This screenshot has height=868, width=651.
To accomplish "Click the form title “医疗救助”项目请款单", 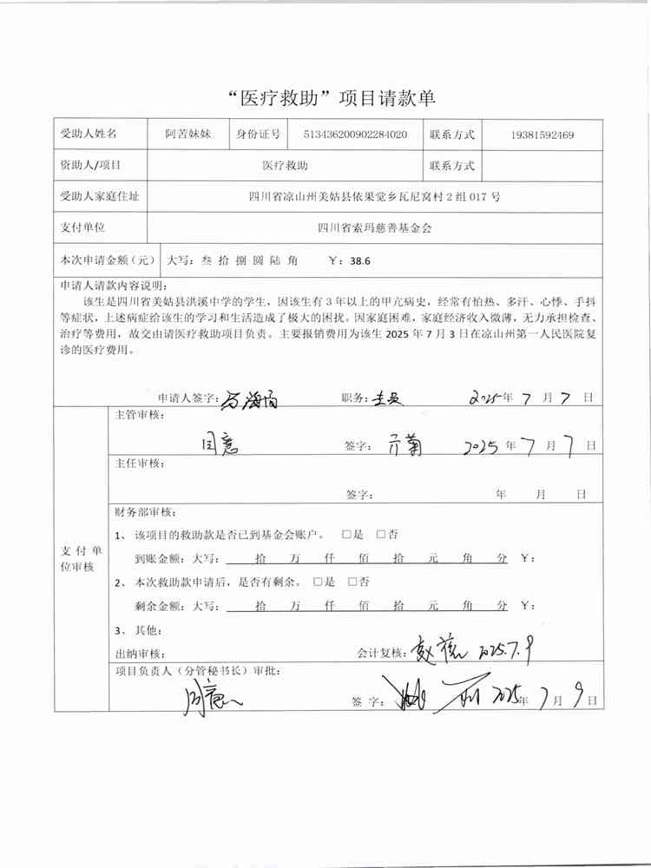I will (325, 98).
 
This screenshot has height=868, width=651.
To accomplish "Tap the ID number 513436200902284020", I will (355, 135).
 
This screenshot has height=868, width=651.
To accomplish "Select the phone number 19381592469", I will (542, 135).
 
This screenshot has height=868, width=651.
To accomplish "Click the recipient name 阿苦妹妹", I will (188, 135).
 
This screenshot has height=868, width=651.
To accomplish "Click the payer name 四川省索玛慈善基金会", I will (374, 227).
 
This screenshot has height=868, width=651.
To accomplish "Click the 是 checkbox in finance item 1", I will (347, 534).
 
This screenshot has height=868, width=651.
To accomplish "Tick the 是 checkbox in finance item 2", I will (317, 582).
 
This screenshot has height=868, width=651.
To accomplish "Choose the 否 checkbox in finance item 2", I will (352, 582).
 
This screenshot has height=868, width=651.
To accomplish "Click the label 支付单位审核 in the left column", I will (80, 558).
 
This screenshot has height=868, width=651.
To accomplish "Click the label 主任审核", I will (138, 464).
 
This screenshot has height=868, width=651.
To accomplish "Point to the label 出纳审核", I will (138, 653).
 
